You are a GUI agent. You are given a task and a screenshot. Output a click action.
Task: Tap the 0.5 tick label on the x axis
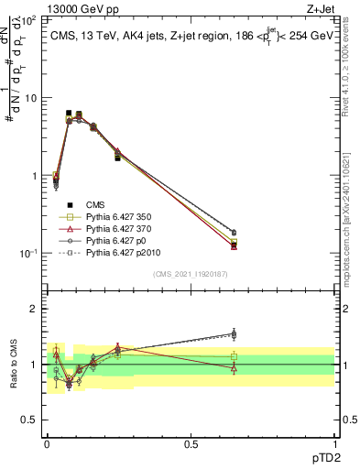click(x=191, y=443)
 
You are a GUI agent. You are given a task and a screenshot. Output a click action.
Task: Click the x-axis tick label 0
click(x=47, y=443)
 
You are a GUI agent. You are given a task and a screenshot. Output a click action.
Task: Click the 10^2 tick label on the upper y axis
click(x=30, y=18)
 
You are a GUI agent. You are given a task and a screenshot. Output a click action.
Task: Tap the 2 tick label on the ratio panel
click(x=35, y=309)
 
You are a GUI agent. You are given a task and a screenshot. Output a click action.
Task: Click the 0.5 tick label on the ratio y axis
click(x=30, y=420)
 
